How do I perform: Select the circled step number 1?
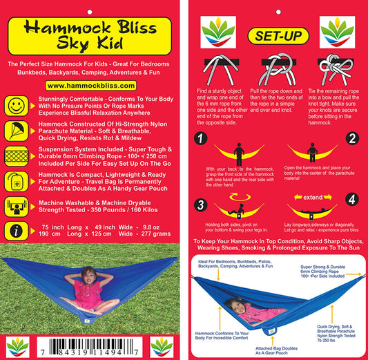(x=201, y=138)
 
